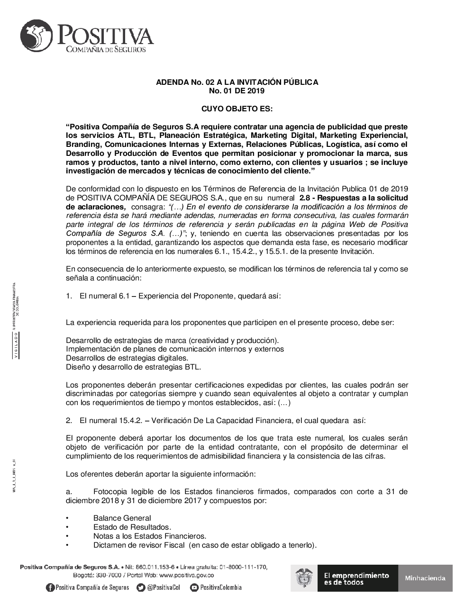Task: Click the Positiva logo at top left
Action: (87, 36)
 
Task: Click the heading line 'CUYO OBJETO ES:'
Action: (237, 109)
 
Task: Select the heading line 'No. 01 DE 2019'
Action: (237, 91)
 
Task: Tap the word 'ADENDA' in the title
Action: (170, 82)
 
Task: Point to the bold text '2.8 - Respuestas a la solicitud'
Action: (354, 198)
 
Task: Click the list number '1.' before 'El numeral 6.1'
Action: (69, 296)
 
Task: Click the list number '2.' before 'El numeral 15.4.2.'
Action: (69, 420)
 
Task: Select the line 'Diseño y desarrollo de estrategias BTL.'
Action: (133, 367)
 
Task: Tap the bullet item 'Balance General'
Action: (122, 518)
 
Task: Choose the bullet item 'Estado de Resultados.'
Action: (132, 527)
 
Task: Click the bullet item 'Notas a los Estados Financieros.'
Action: (150, 536)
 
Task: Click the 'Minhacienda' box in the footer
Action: (425, 578)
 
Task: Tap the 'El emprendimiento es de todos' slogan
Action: (356, 578)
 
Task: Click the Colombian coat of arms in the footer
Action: (304, 578)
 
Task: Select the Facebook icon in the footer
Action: (50, 588)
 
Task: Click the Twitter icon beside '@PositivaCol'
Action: (141, 588)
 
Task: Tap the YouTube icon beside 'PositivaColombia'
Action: (194, 588)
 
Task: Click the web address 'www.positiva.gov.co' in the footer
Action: (186, 576)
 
